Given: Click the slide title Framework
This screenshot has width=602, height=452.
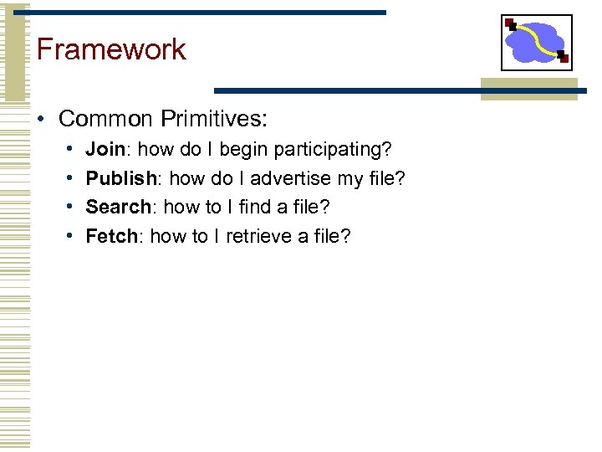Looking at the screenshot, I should click(x=111, y=49).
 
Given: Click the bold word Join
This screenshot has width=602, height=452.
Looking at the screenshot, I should click(x=105, y=150).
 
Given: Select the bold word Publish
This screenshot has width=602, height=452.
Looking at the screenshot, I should click(x=121, y=179).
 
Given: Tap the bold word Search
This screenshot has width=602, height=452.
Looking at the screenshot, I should click(x=118, y=208).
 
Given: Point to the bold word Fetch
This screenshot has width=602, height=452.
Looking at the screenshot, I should click(x=111, y=237).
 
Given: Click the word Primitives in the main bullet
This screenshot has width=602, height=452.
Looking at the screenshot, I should click(x=213, y=119).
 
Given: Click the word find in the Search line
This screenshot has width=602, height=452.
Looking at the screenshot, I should click(x=257, y=208).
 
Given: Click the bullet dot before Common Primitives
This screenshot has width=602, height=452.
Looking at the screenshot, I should click(x=41, y=120).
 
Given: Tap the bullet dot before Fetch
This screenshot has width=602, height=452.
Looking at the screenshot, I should click(x=69, y=237).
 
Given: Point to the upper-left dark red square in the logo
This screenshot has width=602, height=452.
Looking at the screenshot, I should click(x=510, y=23).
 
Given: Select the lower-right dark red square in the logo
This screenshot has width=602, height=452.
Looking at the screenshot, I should click(x=564, y=59).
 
